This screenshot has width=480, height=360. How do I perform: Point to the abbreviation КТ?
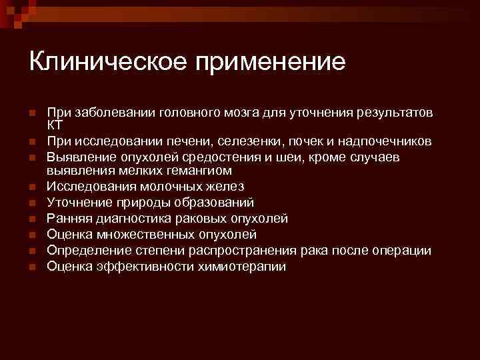coord(55,125)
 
